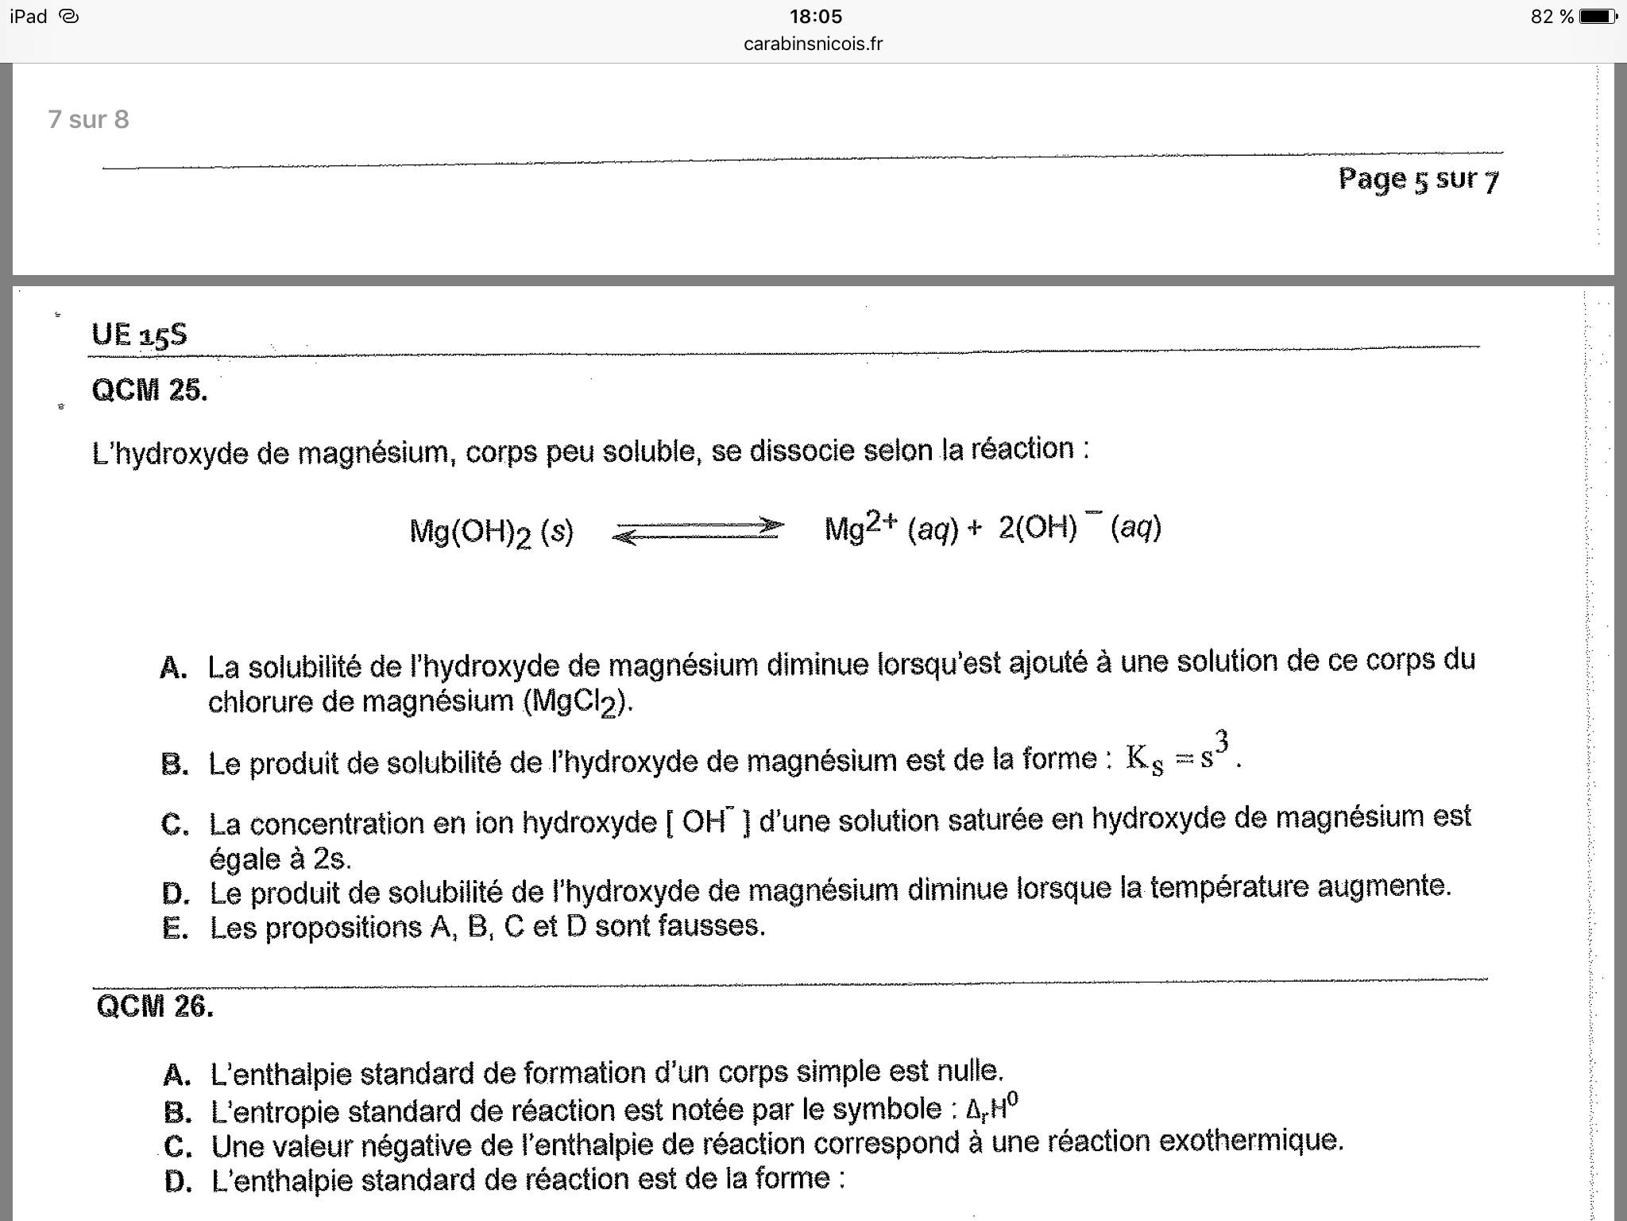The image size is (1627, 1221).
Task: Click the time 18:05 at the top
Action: click(x=815, y=17)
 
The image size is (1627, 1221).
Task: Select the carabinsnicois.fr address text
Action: click(x=813, y=45)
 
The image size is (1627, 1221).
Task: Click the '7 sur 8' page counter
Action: click(x=88, y=119)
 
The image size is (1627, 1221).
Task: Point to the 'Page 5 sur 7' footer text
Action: click(x=1418, y=180)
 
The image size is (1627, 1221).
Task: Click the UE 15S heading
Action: click(x=139, y=335)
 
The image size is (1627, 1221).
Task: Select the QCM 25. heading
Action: click(x=149, y=390)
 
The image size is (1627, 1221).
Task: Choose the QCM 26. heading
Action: click(x=155, y=1006)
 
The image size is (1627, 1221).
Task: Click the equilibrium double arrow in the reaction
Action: click(x=698, y=531)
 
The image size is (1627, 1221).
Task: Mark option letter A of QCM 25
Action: click(x=173, y=668)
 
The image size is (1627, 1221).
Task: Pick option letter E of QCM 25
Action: click(x=174, y=928)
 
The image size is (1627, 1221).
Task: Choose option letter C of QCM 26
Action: click(x=177, y=1146)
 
